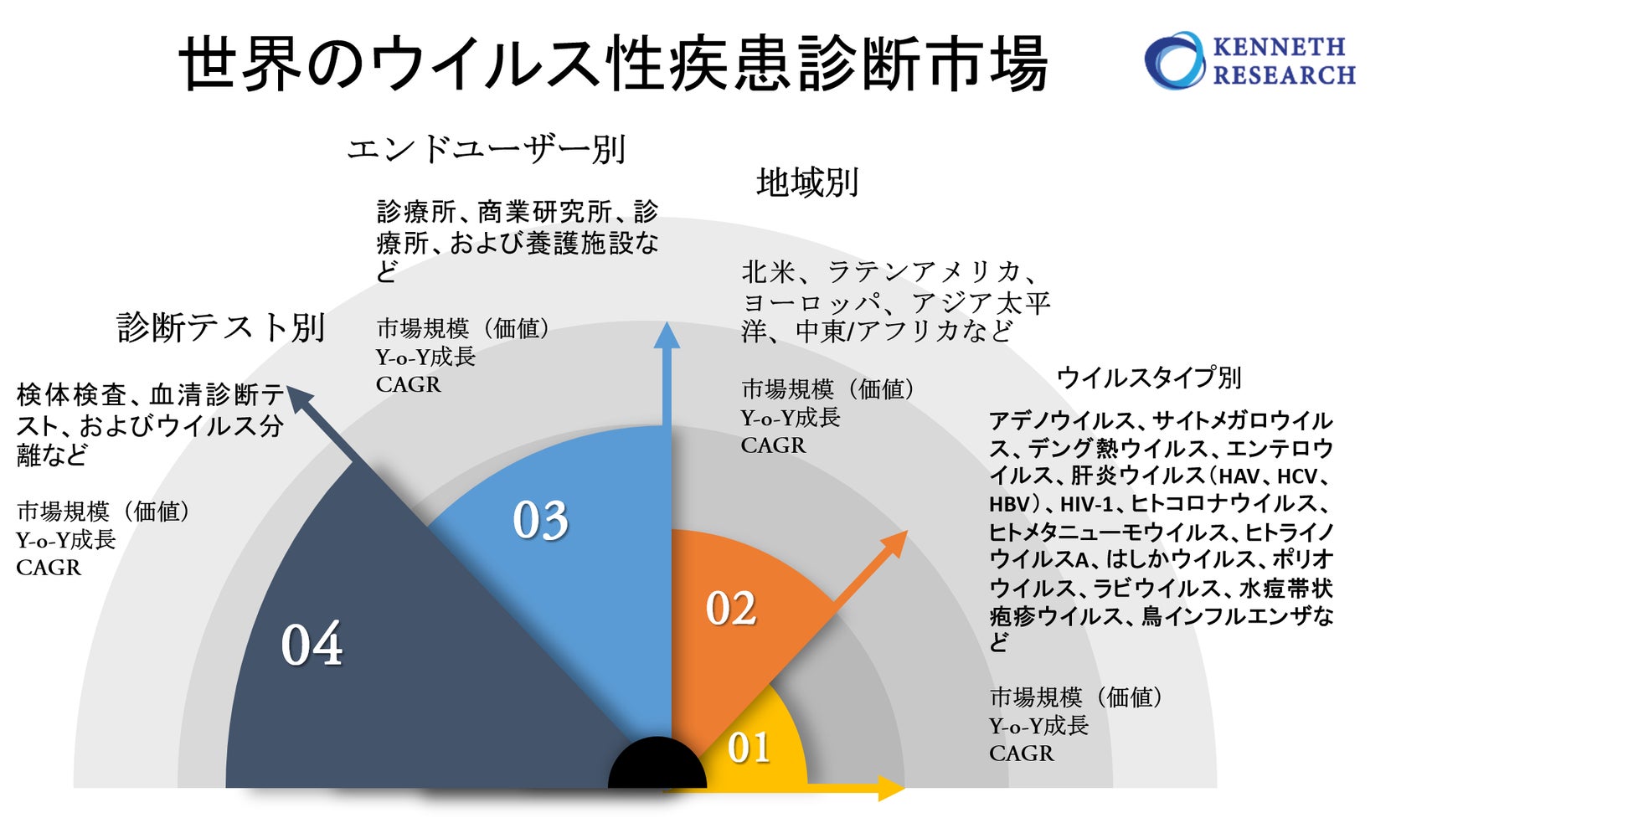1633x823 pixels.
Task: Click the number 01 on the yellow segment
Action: point(749,748)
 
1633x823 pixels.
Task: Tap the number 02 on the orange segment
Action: point(730,609)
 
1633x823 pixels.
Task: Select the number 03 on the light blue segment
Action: point(540,521)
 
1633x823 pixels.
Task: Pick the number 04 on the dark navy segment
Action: point(312,645)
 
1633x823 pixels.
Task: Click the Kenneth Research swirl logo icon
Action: point(1174,60)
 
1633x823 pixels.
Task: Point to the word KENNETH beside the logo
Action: point(1279,46)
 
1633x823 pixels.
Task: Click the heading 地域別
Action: point(807,183)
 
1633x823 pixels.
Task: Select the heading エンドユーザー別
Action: point(486,150)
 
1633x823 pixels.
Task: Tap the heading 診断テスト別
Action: point(220,327)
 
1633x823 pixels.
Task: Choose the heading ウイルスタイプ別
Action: point(1148,378)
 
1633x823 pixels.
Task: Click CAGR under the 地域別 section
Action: point(772,446)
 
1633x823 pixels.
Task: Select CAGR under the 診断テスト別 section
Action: point(49,568)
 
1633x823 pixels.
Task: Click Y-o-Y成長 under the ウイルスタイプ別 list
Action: point(1038,726)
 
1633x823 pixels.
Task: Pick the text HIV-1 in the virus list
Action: point(1086,505)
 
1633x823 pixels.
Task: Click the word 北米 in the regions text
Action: point(768,272)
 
